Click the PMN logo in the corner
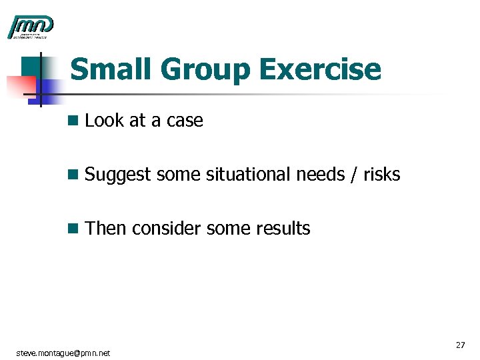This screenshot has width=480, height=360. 30,27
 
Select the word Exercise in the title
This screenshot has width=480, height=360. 320,70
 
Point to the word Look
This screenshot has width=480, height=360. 103,121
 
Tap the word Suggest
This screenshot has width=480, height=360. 119,175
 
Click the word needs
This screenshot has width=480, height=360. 320,175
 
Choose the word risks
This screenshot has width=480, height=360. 381,175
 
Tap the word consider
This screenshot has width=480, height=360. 167,229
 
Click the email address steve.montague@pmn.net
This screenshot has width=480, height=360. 63,352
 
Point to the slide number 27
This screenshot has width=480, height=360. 460,345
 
